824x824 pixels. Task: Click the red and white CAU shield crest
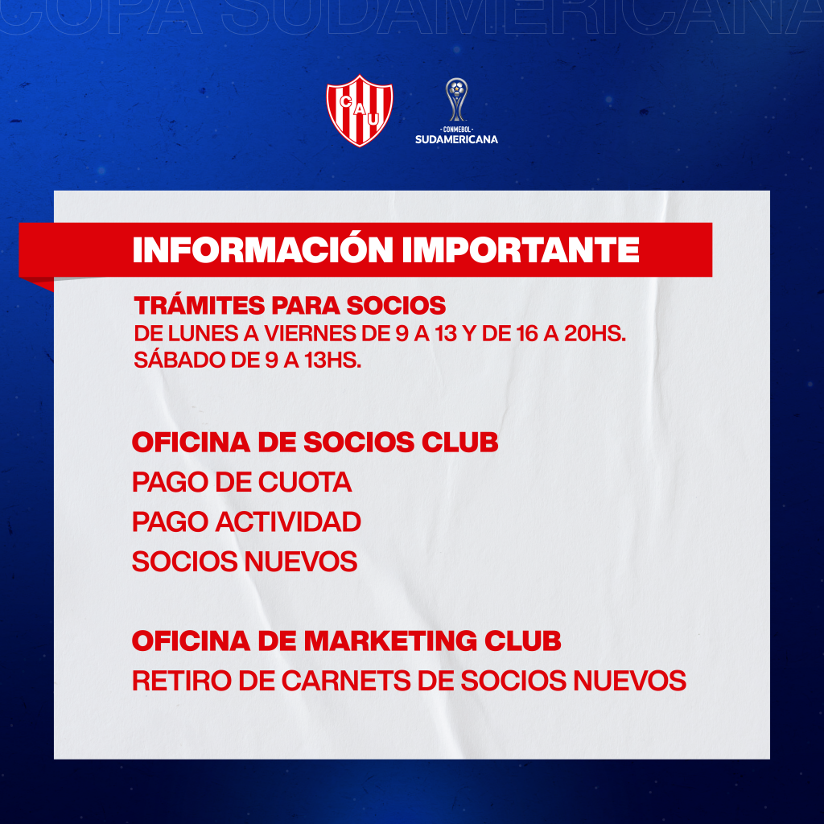tap(360, 110)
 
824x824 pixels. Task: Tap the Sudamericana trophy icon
tap(457, 99)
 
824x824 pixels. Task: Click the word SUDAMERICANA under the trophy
tap(456, 139)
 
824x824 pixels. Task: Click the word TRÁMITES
tap(200, 305)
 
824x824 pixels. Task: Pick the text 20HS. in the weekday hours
tap(595, 334)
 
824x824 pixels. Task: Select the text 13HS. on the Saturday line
tap(332, 360)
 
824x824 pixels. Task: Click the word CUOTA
tap(305, 482)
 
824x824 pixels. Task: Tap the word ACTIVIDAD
tap(288, 521)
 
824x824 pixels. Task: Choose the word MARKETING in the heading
tap(390, 641)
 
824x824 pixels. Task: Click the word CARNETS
tap(346, 681)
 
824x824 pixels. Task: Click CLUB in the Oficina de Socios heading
tap(459, 442)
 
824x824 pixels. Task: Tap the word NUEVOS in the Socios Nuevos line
tap(301, 561)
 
